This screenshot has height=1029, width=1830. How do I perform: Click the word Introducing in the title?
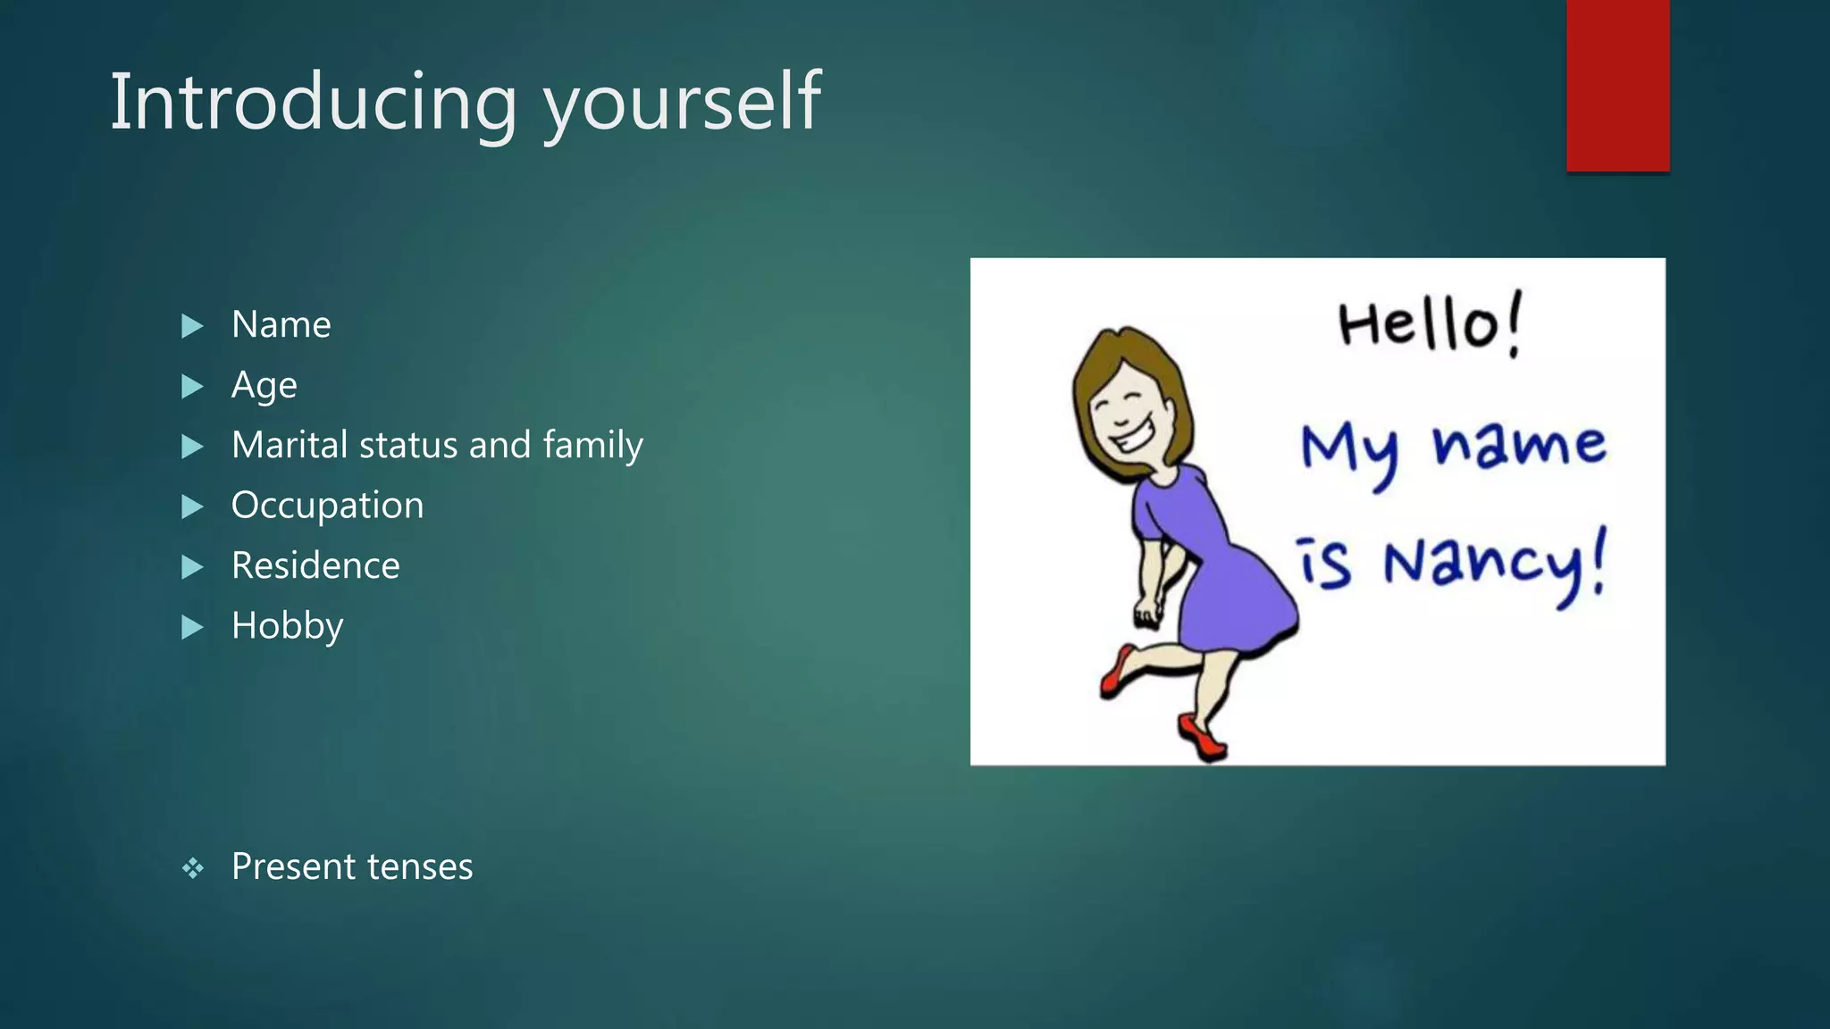pyautogui.click(x=313, y=102)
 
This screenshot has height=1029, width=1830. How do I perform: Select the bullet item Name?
pyautogui.click(x=281, y=324)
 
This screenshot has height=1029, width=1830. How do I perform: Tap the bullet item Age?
pyautogui.click(x=264, y=386)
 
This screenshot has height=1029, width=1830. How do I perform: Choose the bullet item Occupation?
pyautogui.click(x=327, y=506)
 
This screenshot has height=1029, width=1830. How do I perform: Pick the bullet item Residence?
pyautogui.click(x=315, y=565)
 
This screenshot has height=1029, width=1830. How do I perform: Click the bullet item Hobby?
pyautogui.click(x=287, y=626)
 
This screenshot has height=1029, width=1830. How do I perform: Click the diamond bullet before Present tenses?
pyautogui.click(x=192, y=867)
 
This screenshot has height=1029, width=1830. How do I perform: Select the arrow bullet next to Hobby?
pyautogui.click(x=191, y=627)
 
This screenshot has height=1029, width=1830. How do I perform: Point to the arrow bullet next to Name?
pyautogui.click(x=191, y=326)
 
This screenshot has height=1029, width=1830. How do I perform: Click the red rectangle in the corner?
pyautogui.click(x=1617, y=85)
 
